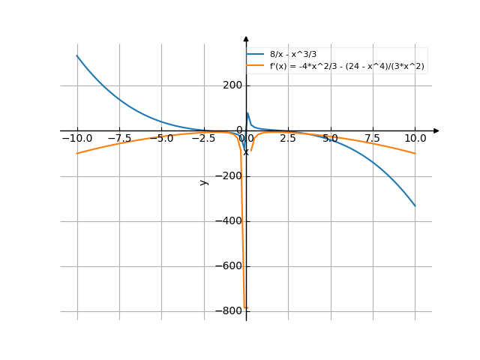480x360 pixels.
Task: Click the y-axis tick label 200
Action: (231, 85)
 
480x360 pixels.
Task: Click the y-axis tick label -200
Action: (229, 176)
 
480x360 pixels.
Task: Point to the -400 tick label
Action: (229, 221)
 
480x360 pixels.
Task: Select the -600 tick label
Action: (229, 266)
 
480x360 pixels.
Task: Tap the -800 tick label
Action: (229, 311)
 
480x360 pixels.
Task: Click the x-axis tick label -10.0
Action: (76, 139)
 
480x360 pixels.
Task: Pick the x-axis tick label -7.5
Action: (118, 139)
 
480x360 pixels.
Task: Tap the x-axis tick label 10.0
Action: (415, 139)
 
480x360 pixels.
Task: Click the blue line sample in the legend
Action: (256, 55)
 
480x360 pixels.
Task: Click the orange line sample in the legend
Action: (256, 66)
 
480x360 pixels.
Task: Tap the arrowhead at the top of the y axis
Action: (246, 37)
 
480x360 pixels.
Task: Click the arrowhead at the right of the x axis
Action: (439, 130)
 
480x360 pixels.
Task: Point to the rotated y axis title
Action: (203, 182)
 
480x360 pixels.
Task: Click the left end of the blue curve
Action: (77, 56)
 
